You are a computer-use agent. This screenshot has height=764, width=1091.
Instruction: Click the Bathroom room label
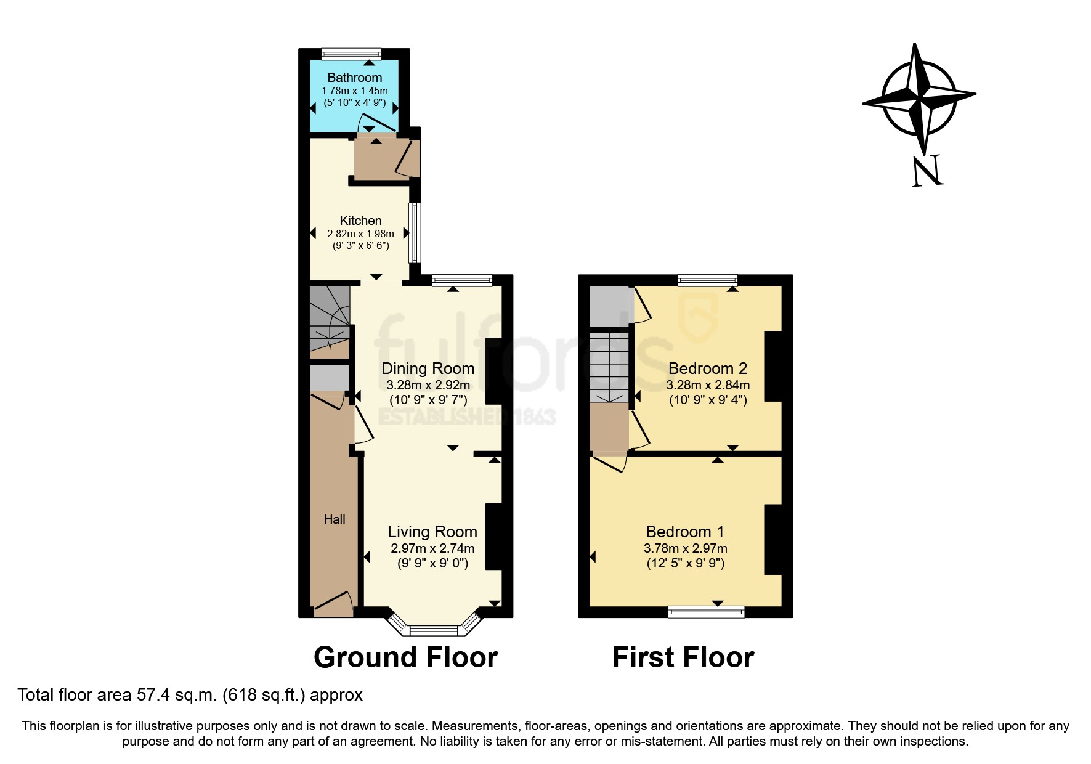pos(354,78)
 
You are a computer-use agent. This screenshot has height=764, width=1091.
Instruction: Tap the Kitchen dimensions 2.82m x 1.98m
pos(360,234)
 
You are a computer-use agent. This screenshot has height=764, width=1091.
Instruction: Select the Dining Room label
pos(428,368)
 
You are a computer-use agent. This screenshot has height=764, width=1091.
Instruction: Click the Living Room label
pos(432,532)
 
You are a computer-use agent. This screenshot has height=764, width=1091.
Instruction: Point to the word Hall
pos(334,519)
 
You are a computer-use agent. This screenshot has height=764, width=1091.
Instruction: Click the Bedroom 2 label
pos(707,368)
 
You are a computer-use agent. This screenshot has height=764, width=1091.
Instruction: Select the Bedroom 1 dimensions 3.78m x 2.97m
pos(685,548)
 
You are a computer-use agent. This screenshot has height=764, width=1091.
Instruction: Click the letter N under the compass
pos(927,171)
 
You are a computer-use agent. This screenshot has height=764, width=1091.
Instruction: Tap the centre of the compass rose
pos(919,97)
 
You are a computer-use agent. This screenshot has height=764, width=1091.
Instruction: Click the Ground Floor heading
pos(405,657)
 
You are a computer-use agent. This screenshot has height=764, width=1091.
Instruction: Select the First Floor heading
pos(683,657)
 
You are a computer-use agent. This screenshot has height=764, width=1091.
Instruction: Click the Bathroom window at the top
pos(351,54)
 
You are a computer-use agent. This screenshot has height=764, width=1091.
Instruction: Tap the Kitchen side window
pos(415,233)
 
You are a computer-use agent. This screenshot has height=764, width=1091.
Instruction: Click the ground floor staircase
pos(329,320)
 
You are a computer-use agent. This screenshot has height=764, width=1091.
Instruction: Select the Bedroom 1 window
pos(706,611)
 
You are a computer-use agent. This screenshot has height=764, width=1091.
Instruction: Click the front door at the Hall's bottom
pos(333,607)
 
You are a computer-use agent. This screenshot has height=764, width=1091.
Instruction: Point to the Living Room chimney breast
pos(494,537)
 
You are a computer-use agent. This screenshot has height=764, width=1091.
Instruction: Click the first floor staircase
pos(609,367)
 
